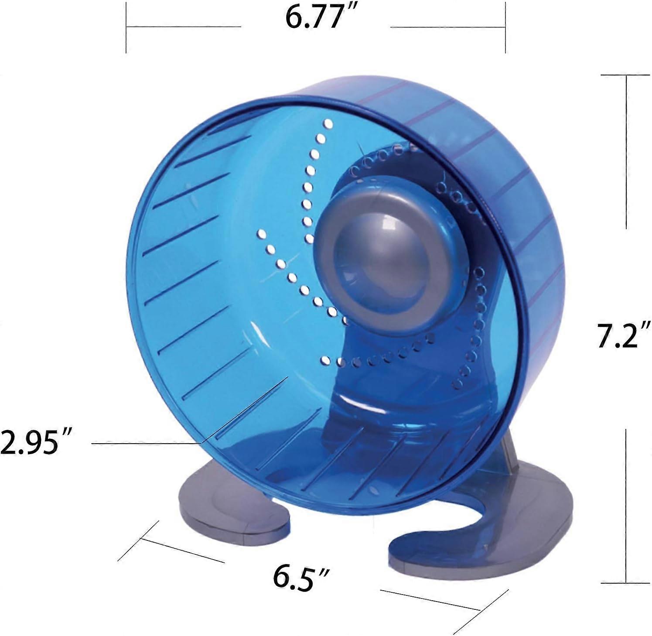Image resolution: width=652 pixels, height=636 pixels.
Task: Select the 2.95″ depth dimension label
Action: [x=35, y=441]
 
